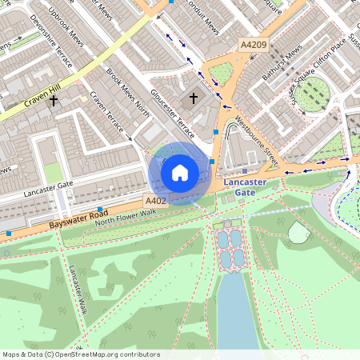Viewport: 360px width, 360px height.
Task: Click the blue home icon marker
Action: pyautogui.click(x=180, y=171)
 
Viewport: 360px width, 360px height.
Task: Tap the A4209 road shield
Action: pyautogui.click(x=253, y=46)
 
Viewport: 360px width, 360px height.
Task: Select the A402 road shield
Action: pyautogui.click(x=155, y=200)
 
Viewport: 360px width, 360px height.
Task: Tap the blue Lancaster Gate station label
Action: pyautogui.click(x=246, y=187)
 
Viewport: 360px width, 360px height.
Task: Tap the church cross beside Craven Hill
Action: pyautogui.click(x=54, y=102)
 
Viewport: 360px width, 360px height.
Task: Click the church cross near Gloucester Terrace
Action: pyautogui.click(x=192, y=99)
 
